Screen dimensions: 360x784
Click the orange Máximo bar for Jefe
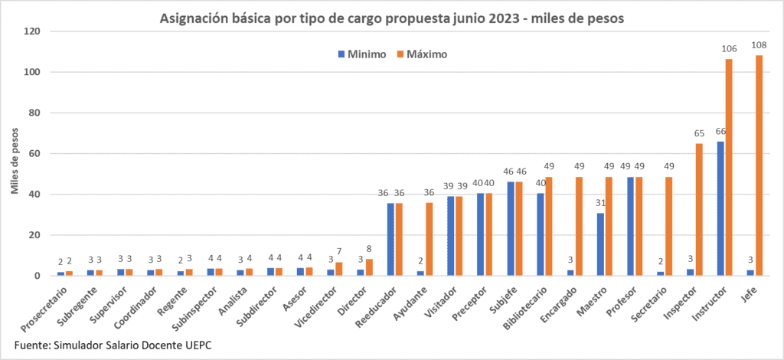(x=759, y=165)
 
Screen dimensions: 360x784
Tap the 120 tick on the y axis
(x=31, y=31)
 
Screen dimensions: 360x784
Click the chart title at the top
(x=392, y=18)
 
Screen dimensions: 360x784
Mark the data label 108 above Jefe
(x=759, y=46)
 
